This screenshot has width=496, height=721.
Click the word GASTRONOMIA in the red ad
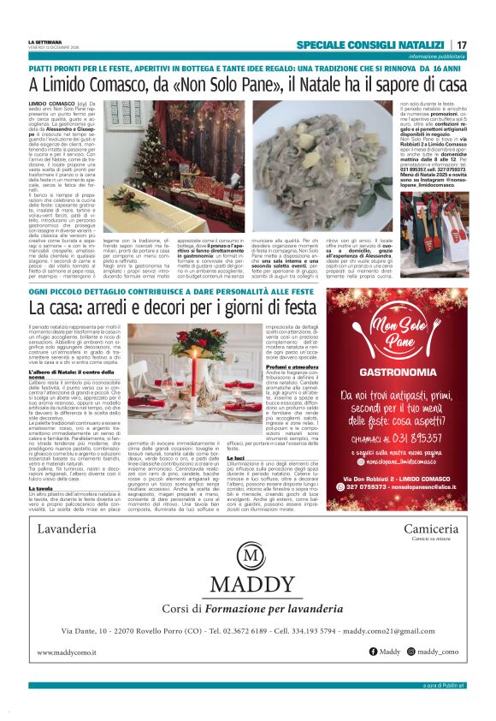click(393, 373)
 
